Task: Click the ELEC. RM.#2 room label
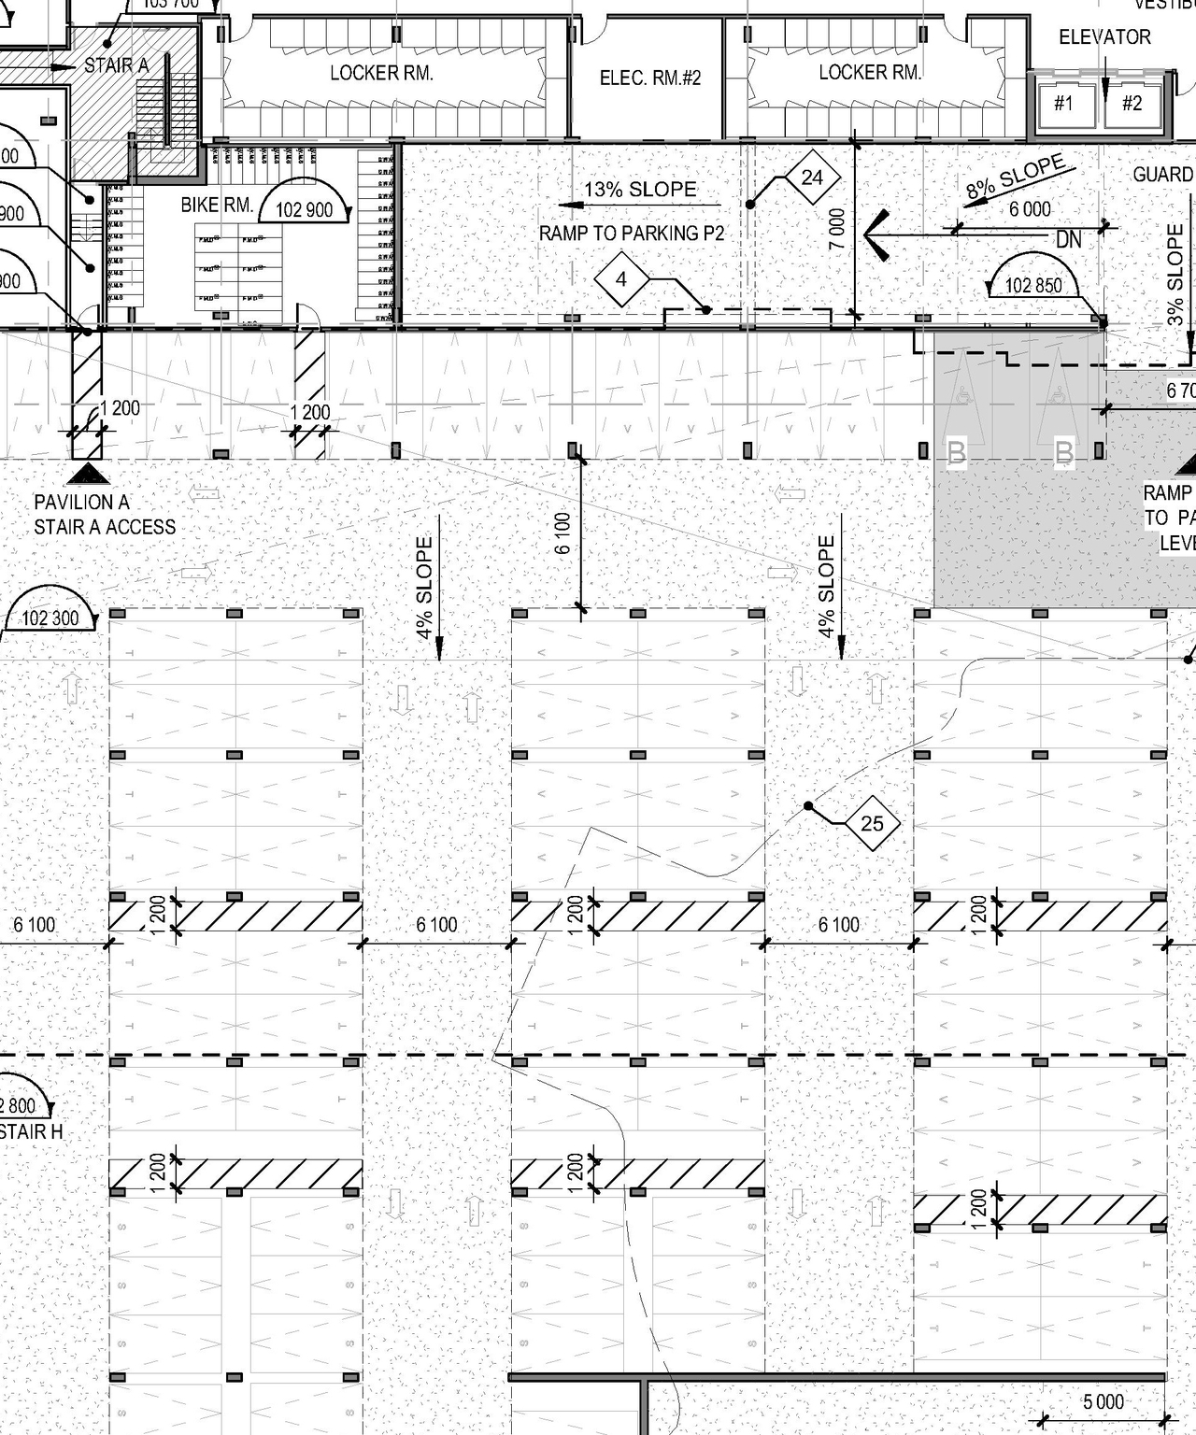(x=649, y=78)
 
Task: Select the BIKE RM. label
(x=217, y=205)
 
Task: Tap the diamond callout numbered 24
(x=812, y=177)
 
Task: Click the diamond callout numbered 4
(x=621, y=278)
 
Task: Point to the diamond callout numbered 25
(x=872, y=823)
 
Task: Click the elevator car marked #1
(x=1063, y=104)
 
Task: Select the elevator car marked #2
(x=1132, y=104)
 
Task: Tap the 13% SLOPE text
(x=640, y=190)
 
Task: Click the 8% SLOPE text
(x=1015, y=177)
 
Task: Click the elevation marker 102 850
(x=1033, y=284)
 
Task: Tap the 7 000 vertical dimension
(x=837, y=229)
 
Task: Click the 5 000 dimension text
(x=1103, y=1401)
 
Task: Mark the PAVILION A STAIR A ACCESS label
(x=105, y=515)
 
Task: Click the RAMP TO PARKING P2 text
(x=632, y=234)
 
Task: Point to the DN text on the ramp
(x=1068, y=240)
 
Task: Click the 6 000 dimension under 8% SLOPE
(x=1030, y=209)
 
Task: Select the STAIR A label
(x=117, y=65)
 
